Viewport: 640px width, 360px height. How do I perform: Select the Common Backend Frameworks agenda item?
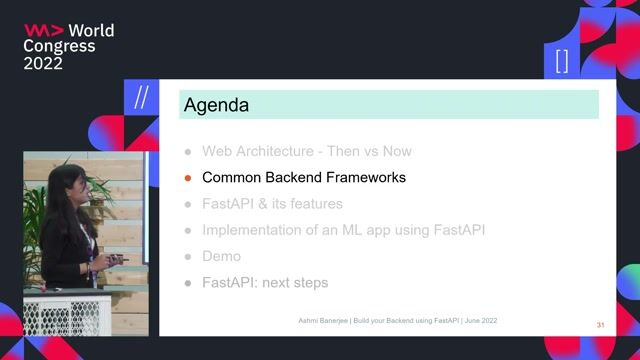[303, 178]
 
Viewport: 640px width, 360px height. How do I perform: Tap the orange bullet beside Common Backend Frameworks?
[187, 179]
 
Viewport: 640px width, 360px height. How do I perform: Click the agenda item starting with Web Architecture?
[306, 152]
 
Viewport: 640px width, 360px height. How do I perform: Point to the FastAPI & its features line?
[272, 204]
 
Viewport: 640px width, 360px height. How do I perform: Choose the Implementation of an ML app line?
[343, 230]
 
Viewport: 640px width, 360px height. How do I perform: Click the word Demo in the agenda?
[221, 256]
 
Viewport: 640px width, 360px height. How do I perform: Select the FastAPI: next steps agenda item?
[264, 283]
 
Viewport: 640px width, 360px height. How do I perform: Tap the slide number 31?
[600, 326]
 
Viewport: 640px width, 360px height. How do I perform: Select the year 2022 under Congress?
[43, 63]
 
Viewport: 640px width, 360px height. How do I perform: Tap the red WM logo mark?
[43, 31]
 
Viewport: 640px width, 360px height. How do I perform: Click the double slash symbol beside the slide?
[141, 97]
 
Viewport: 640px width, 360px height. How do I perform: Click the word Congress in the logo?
[59, 47]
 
